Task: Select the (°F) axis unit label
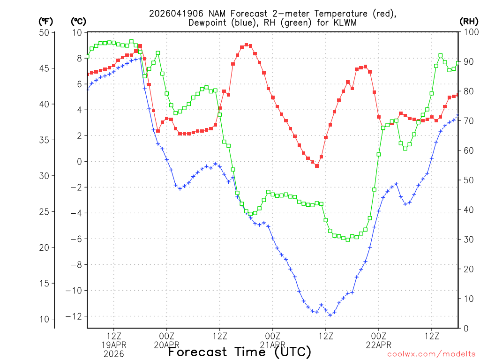(x=46, y=21)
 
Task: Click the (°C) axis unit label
(x=79, y=21)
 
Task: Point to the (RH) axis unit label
(x=469, y=21)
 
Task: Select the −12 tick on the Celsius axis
(x=75, y=316)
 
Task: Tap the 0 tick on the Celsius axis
(x=79, y=162)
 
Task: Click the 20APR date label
(x=167, y=345)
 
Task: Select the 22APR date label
(x=379, y=345)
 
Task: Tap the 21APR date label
(x=273, y=345)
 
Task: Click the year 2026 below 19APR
(x=114, y=353)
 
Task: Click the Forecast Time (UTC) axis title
(x=240, y=352)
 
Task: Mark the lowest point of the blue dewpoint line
(x=330, y=315)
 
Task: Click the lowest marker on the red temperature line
(x=317, y=166)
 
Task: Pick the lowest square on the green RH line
(x=348, y=240)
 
